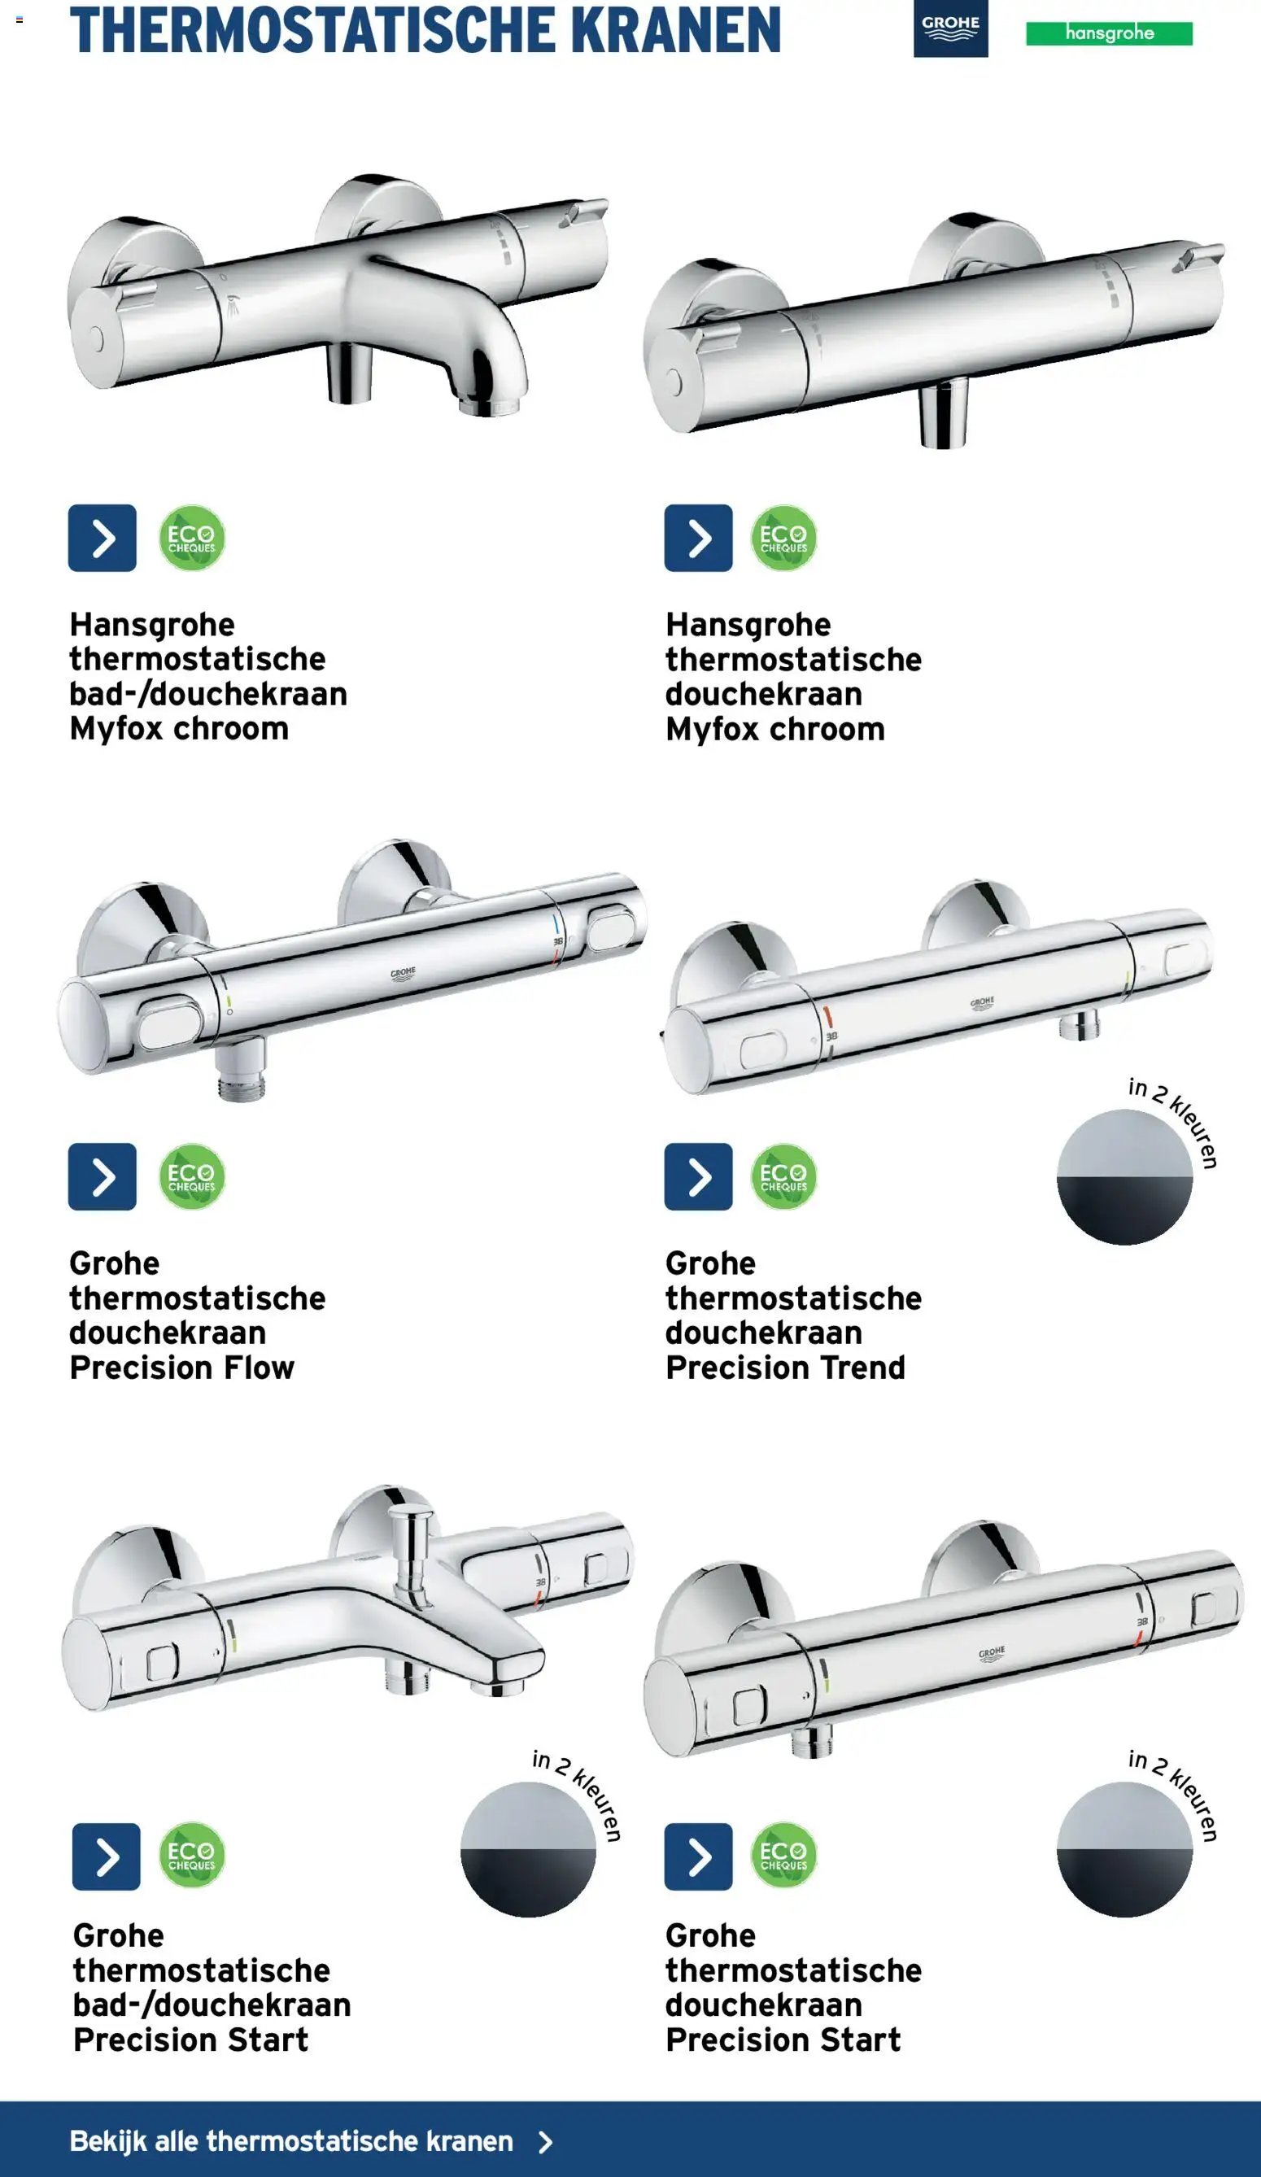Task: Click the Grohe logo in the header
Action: (x=950, y=28)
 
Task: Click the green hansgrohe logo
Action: (x=1109, y=33)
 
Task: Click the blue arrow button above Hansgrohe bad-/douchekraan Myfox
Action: (x=102, y=539)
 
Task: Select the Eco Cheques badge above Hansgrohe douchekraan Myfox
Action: (x=783, y=539)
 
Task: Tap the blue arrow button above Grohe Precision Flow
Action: (x=102, y=1176)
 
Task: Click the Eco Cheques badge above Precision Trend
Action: (x=783, y=1176)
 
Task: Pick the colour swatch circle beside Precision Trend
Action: (x=1124, y=1176)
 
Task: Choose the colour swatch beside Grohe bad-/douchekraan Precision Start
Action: (x=528, y=1850)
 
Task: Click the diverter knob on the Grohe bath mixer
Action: (x=412, y=1538)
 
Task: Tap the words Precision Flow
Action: (x=182, y=1368)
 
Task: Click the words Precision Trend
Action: (x=785, y=1368)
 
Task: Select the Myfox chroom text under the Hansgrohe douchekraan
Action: (x=774, y=729)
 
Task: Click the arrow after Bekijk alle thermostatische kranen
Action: (x=545, y=2141)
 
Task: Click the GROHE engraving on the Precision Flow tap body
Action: (x=403, y=974)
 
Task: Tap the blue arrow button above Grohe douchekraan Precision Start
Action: (x=698, y=1856)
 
